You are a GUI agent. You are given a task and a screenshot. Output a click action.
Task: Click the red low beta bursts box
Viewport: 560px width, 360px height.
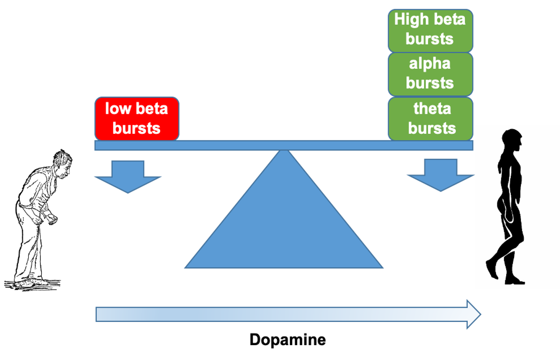137,118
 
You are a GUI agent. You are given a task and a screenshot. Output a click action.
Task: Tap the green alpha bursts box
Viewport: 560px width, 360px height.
430,73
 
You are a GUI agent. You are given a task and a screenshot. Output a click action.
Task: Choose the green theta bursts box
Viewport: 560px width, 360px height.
430,118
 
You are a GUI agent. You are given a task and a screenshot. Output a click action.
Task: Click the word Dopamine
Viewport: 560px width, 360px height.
287,340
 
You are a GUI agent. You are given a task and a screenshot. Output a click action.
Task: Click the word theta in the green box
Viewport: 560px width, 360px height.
432,109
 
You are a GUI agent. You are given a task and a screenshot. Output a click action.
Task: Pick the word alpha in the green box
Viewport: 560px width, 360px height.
430,64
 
